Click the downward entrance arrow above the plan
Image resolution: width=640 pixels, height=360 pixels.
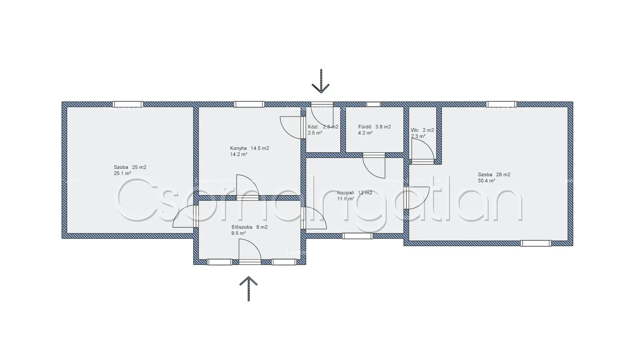click(321, 82)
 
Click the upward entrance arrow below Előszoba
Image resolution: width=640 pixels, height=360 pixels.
click(248, 288)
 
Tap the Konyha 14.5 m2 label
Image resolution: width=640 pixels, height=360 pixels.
click(249, 148)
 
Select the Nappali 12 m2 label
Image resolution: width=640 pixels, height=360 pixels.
click(354, 193)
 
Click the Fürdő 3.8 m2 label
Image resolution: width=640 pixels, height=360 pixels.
click(374, 127)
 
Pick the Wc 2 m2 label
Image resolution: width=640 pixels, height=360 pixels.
click(422, 130)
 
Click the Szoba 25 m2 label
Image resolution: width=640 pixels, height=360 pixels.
click(130, 167)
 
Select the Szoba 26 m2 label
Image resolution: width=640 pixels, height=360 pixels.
click(494, 175)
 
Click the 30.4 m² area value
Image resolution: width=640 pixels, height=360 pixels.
click(486, 181)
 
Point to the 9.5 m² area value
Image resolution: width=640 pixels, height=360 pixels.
click(239, 233)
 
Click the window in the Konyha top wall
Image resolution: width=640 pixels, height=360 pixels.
click(249, 104)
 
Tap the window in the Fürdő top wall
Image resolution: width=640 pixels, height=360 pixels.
click(373, 104)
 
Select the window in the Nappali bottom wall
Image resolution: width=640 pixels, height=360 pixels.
click(357, 236)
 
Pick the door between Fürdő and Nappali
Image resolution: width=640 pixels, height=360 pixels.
click(374, 165)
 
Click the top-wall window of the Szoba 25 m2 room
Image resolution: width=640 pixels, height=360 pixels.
click(128, 104)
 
